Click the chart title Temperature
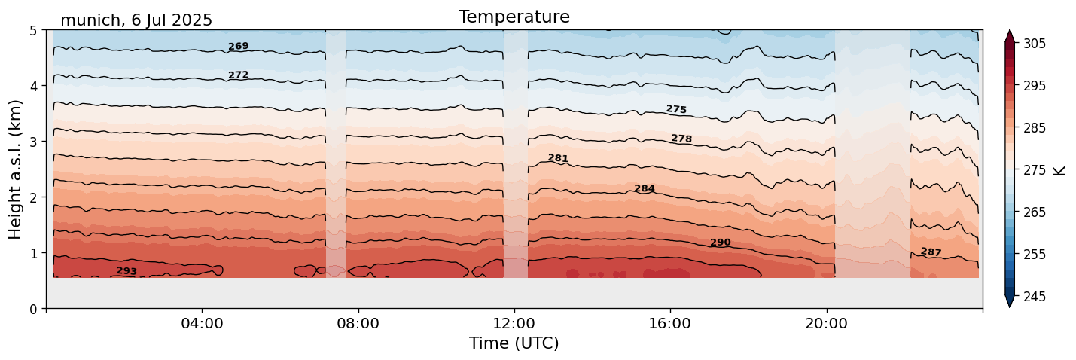point(514,17)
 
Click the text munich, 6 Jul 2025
point(136,20)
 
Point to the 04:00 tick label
point(202,323)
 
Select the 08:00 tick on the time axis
point(358,323)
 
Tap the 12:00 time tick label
point(514,323)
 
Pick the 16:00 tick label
point(669,323)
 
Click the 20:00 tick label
point(826,323)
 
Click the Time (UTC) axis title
point(514,343)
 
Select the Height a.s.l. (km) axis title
point(16,169)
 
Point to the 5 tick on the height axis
point(33,31)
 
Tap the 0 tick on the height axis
point(33,309)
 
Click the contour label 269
point(238,47)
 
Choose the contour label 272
point(238,75)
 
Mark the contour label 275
point(676,109)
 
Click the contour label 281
point(558,158)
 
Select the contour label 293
point(126,271)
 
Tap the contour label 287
point(931,252)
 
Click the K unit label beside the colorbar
point(1059,170)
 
